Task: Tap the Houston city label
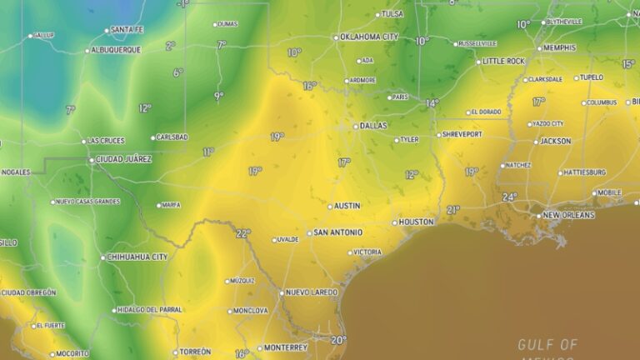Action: pos(416,222)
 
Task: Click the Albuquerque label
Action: pos(116,50)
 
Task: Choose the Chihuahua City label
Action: pos(137,257)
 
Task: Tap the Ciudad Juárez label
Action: pos(124,159)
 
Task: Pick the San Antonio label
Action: pos(337,232)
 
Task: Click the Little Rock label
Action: pos(505,61)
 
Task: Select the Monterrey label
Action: pos(286,347)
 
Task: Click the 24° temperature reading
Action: pos(509,197)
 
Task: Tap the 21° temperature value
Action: pos(452,209)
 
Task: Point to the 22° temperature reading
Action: pos(242,233)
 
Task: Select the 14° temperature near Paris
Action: pos(432,103)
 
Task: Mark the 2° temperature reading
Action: pos(170,47)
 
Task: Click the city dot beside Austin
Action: pos(330,206)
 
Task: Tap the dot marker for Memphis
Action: pos(539,47)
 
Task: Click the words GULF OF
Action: pos(547,344)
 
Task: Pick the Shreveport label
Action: pos(462,134)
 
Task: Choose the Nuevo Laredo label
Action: pos(312,292)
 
